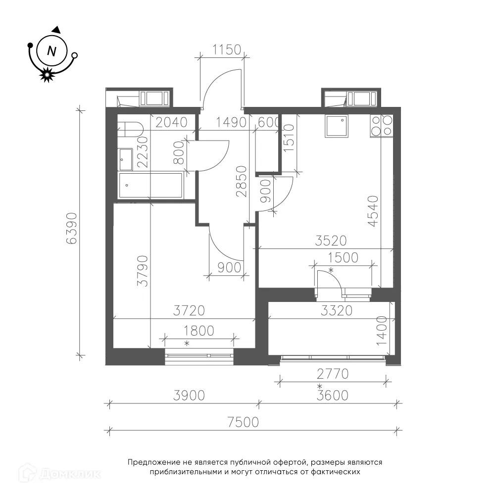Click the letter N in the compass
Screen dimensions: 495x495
click(51, 51)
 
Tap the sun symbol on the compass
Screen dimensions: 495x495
click(47, 75)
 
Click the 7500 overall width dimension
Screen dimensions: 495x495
click(243, 422)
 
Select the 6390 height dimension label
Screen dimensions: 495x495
click(72, 228)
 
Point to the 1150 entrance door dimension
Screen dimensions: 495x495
click(227, 49)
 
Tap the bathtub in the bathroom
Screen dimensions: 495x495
click(151, 186)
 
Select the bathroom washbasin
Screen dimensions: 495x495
click(125, 159)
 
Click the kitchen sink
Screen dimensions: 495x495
click(337, 126)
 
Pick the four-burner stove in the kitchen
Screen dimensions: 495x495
click(381, 126)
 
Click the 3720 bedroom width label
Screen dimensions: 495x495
click(189, 311)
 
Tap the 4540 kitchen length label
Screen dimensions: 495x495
click(373, 211)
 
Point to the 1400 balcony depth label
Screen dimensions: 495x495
click(382, 331)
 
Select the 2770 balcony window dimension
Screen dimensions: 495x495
click(333, 374)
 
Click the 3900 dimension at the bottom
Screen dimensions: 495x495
click(189, 395)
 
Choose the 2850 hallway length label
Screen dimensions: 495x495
click(242, 182)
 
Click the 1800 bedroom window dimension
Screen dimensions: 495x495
click(199, 331)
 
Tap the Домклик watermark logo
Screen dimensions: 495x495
click(60, 474)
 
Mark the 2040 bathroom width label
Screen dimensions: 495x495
click(171, 122)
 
